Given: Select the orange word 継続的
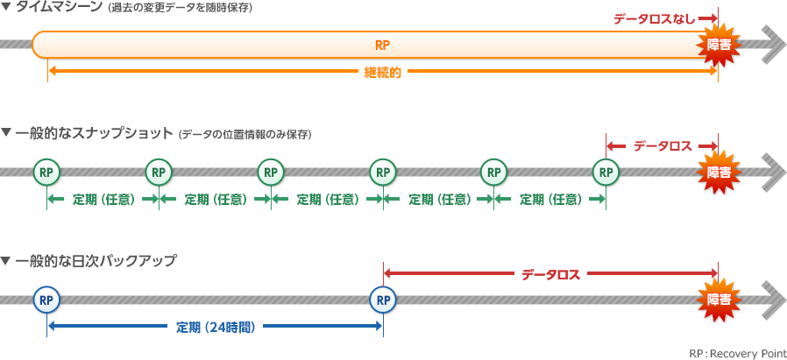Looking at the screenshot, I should (382, 74).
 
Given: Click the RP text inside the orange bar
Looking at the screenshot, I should (382, 45).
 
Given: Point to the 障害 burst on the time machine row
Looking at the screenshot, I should (719, 45).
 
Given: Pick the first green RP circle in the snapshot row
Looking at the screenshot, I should (46, 172).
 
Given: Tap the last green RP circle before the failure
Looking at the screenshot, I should (606, 172).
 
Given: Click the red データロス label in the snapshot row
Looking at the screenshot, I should (663, 146).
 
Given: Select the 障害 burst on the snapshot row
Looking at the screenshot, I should (719, 172).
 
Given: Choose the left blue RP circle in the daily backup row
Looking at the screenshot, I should (46, 300).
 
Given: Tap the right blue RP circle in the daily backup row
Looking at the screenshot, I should (382, 300).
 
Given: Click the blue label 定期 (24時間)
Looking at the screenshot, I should (215, 328).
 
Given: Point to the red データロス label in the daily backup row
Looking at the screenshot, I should (550, 274).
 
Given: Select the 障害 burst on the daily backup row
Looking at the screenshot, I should (719, 300).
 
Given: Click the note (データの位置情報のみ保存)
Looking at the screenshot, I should (245, 135).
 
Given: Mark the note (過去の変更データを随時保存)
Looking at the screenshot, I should (180, 9).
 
